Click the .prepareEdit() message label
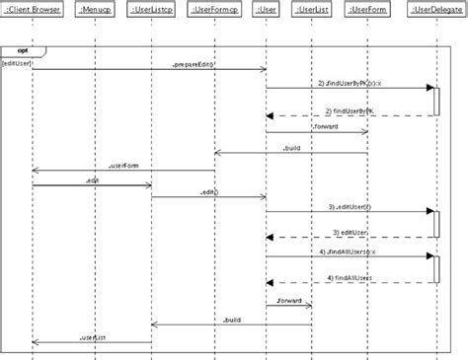coord(195,63)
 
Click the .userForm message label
coord(125,165)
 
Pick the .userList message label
coord(92,337)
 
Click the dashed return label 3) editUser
coord(351,231)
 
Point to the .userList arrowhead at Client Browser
coord(36,342)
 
